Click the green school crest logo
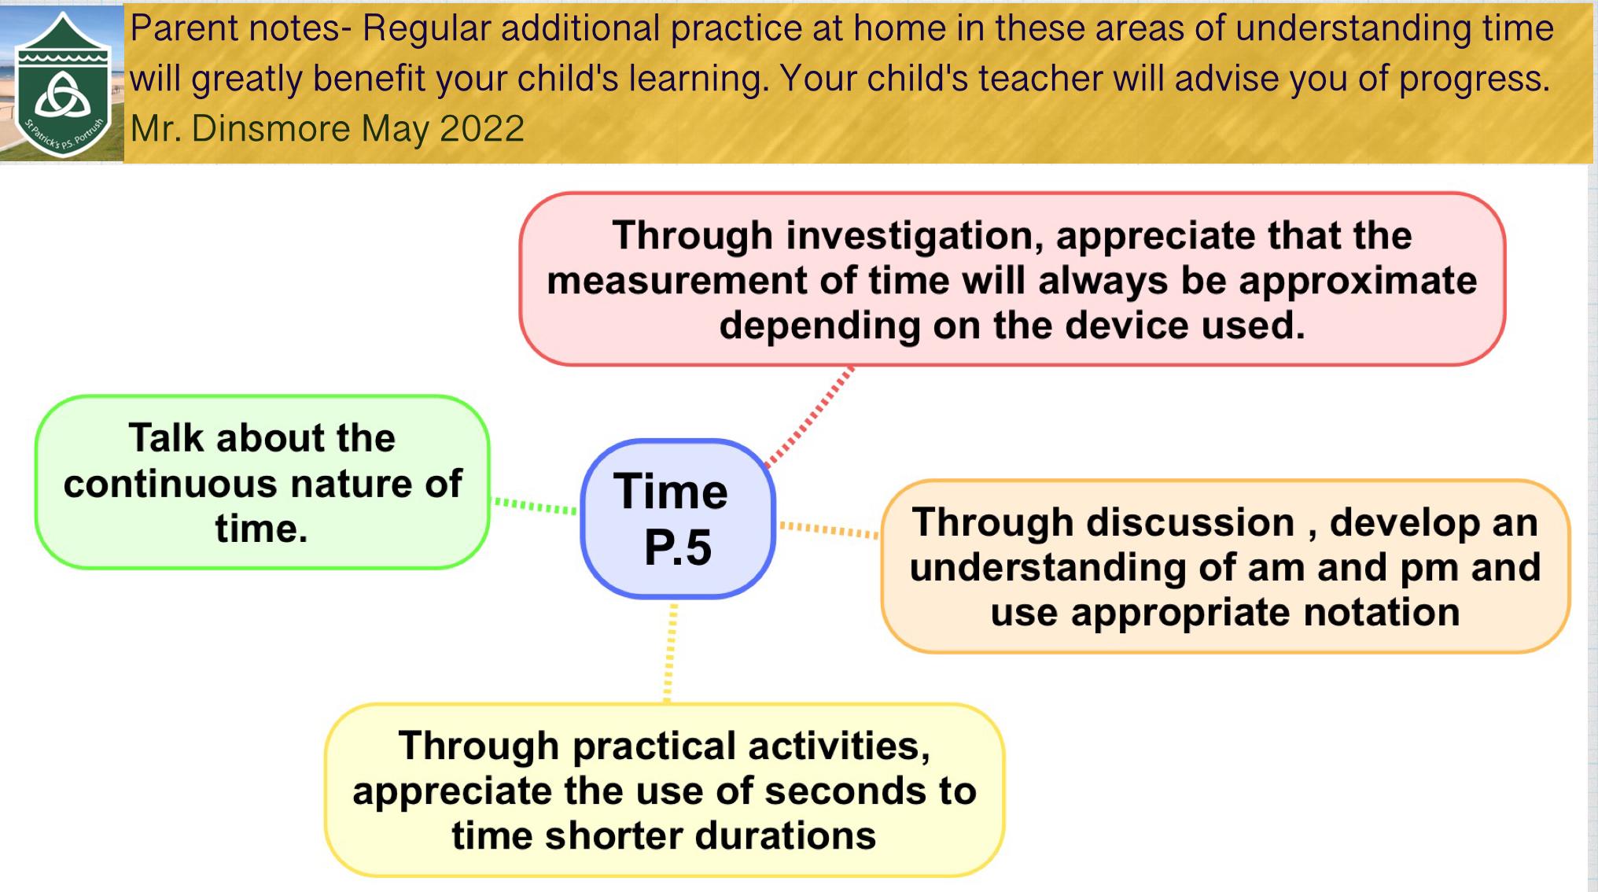(x=62, y=84)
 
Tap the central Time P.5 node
(x=678, y=519)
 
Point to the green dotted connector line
(x=535, y=506)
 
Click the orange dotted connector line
(x=829, y=529)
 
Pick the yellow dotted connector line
(x=670, y=652)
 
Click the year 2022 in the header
(x=482, y=128)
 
